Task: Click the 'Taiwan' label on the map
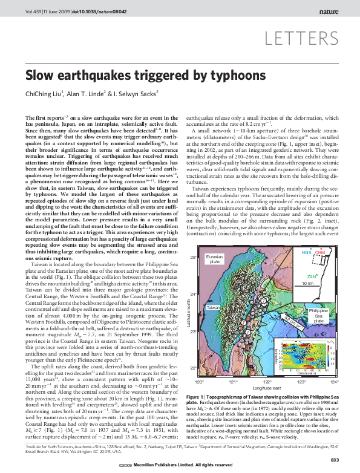pos(213,308)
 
